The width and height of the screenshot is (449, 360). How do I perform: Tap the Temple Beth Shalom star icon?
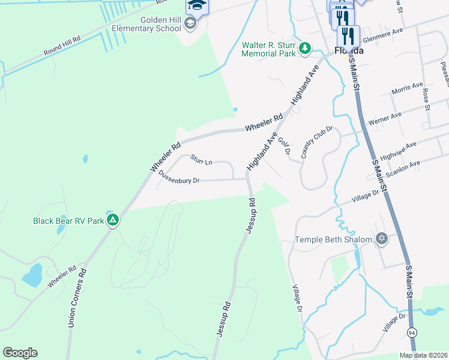click(381, 240)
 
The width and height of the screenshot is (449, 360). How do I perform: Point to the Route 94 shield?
click(412, 332)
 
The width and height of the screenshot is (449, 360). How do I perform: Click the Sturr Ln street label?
click(201, 160)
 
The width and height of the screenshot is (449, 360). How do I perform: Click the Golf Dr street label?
click(284, 146)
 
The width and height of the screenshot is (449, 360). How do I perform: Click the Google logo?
click(20, 353)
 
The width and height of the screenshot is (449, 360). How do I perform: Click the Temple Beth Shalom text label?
click(334, 240)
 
